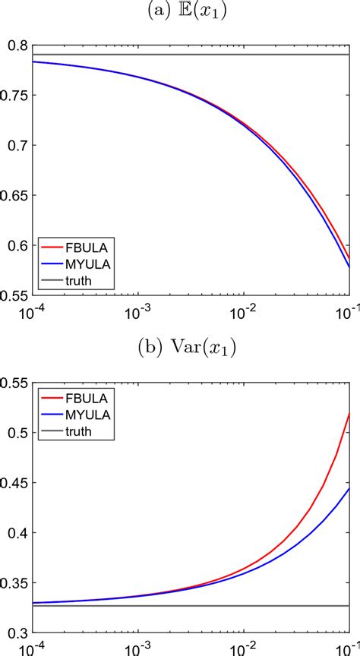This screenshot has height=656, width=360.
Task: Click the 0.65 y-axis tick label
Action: click(16, 196)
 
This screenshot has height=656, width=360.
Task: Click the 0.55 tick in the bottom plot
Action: click(16, 383)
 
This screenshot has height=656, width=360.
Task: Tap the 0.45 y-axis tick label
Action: click(16, 483)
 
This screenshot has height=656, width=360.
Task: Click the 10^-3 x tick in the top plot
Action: click(137, 311)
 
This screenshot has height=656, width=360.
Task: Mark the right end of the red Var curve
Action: click(348, 413)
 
